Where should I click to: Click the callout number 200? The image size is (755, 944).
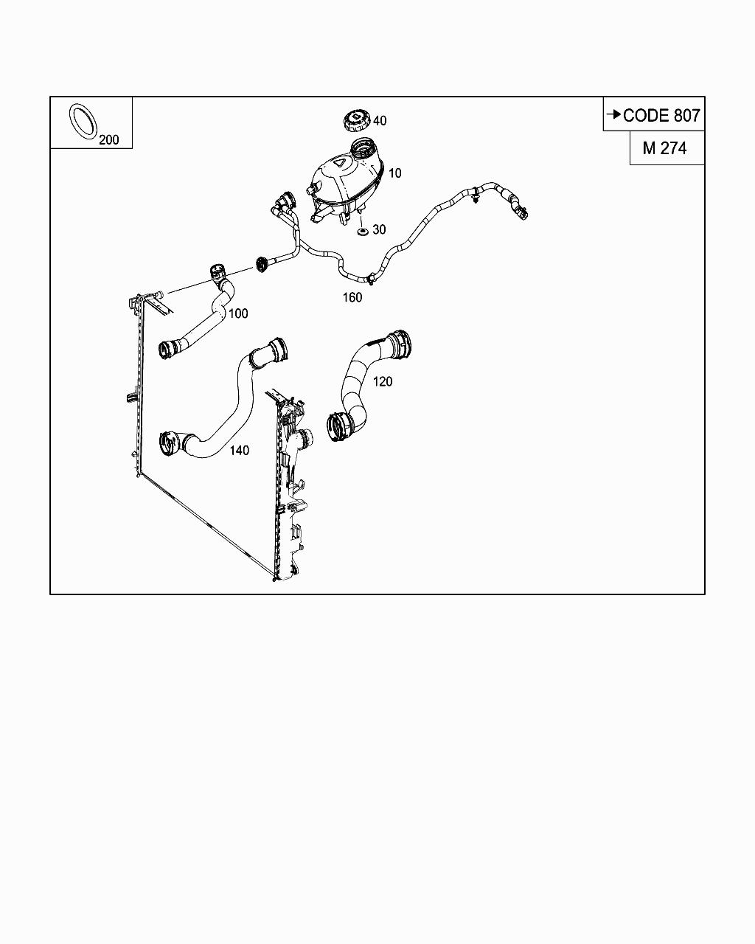pos(108,140)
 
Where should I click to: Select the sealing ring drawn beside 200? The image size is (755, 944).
pos(83,121)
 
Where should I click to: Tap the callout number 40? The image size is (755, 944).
pos(379,121)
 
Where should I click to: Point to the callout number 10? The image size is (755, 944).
pos(395,173)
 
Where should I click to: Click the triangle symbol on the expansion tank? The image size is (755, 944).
pos(341,163)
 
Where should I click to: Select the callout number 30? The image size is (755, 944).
pos(379,229)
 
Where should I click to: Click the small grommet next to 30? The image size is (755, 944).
pos(362,232)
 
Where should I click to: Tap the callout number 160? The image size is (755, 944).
pos(352,297)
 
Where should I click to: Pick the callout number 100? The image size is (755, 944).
pos(238,313)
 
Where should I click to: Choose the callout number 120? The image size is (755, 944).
pos(383,381)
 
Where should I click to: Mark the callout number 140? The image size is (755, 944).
pos(239,451)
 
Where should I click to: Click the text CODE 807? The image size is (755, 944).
pos(661,115)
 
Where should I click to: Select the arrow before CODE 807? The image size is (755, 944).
pos(613,114)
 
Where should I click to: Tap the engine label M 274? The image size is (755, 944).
pos(664,148)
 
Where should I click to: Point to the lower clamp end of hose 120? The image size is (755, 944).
pos(341,426)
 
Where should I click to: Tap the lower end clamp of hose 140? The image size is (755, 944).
pos(170,442)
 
